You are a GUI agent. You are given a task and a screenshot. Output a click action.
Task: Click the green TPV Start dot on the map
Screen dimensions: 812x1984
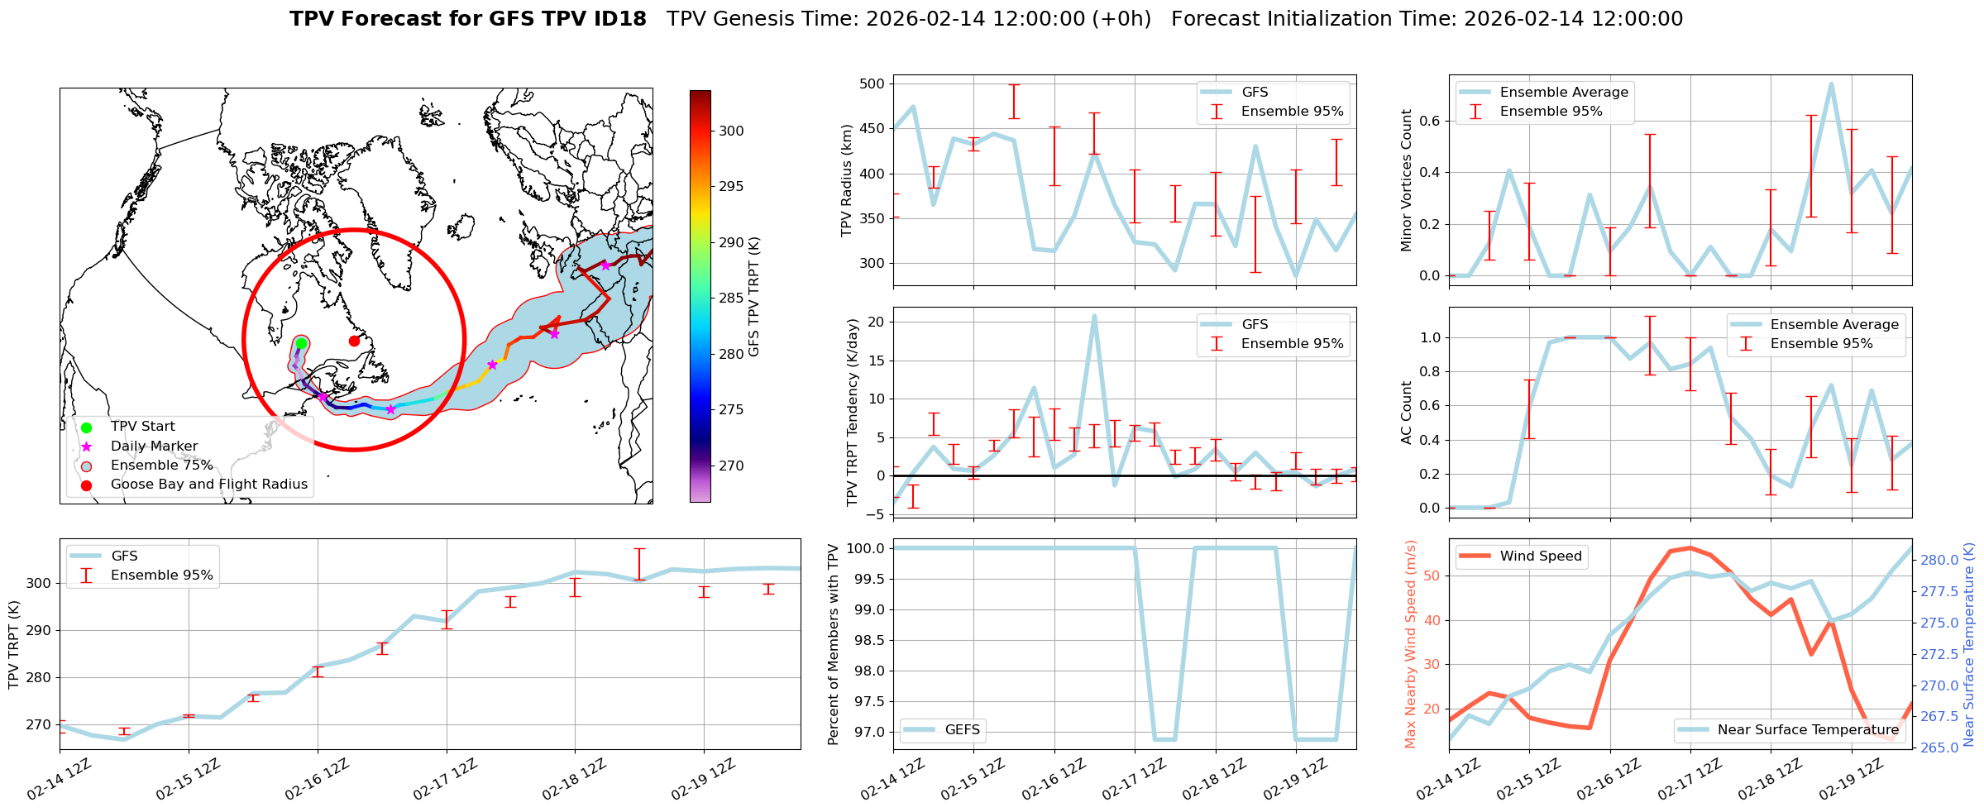(x=301, y=343)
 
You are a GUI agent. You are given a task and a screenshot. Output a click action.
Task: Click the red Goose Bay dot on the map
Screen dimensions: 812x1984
(x=354, y=341)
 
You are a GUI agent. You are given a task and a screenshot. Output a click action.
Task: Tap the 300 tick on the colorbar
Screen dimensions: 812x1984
(x=731, y=131)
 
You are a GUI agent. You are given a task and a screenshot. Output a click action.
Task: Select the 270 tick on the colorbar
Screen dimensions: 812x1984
(x=731, y=466)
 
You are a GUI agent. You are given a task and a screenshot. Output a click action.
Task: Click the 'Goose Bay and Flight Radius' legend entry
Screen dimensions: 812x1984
(x=208, y=485)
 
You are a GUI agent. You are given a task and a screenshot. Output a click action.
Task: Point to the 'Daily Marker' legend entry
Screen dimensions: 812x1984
(x=154, y=447)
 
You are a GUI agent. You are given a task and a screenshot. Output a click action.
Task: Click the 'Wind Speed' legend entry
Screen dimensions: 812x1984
(x=1541, y=556)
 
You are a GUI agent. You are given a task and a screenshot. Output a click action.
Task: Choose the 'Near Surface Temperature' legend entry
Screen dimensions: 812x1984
(x=1808, y=730)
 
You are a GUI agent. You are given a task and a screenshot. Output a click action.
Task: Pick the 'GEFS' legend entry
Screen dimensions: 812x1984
(x=962, y=730)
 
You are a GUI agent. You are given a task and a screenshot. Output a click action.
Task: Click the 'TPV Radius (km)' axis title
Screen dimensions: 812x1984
(x=846, y=180)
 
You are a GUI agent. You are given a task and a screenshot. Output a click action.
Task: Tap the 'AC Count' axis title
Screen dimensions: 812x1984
(x=1407, y=413)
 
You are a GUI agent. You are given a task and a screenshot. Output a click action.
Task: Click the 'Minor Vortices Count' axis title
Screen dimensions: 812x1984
(x=1407, y=180)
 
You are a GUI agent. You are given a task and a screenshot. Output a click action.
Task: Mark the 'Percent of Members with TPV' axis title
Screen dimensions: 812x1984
(x=833, y=644)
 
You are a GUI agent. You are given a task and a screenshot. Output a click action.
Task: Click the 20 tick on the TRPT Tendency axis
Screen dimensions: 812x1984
(x=877, y=322)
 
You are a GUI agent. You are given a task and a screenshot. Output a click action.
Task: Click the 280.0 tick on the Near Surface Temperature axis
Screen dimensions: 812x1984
(x=1939, y=560)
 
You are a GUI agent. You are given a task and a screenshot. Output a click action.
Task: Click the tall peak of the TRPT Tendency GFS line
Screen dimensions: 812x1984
(x=1094, y=316)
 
